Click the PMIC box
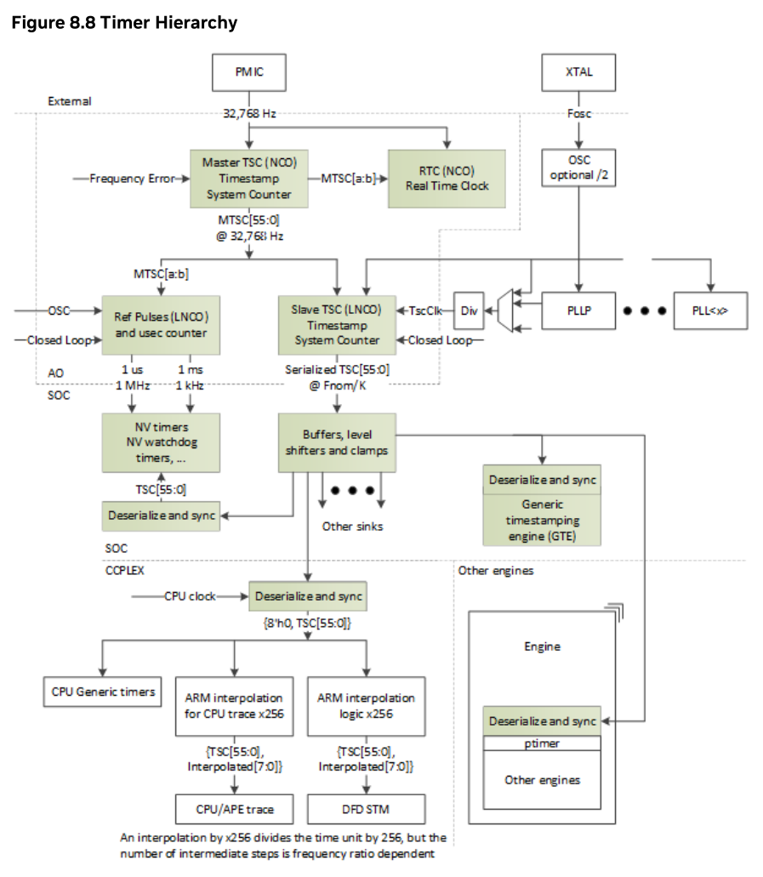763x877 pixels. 249,72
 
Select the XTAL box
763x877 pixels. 578,72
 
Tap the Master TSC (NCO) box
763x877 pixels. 249,179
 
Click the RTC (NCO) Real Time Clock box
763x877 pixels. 447,179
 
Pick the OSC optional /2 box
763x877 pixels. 578,168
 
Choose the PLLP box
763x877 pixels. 578,310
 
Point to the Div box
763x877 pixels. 469,310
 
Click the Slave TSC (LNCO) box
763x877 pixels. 338,325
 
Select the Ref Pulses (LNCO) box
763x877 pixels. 161,325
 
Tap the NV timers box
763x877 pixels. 161,442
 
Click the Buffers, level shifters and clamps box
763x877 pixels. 338,442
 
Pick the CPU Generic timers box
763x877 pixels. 103,692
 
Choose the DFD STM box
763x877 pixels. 367,809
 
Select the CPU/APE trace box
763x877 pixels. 235,809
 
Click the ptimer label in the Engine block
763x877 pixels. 542,743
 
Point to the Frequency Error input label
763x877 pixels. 133,179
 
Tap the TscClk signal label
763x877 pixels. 425,310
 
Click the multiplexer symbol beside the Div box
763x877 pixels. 505,310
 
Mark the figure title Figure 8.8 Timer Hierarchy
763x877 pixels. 124,22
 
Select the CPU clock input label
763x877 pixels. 191,596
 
